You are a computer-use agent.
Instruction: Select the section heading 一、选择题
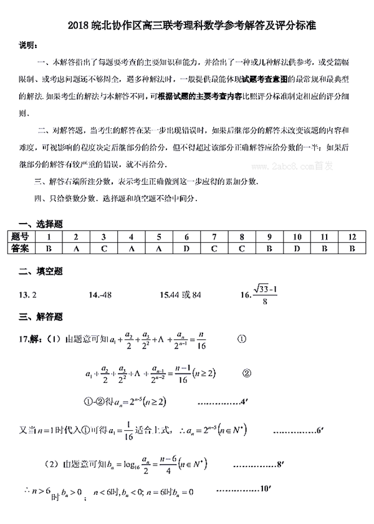41,223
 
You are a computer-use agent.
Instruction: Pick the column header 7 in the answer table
214,237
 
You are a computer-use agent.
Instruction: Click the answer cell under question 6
186,249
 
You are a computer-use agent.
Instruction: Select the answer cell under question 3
103,249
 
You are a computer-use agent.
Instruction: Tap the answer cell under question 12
352,249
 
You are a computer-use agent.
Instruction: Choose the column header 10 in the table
297,237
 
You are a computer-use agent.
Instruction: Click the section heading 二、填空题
41,272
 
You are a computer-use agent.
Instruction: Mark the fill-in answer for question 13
29,294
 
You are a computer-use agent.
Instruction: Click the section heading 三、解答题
41,317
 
